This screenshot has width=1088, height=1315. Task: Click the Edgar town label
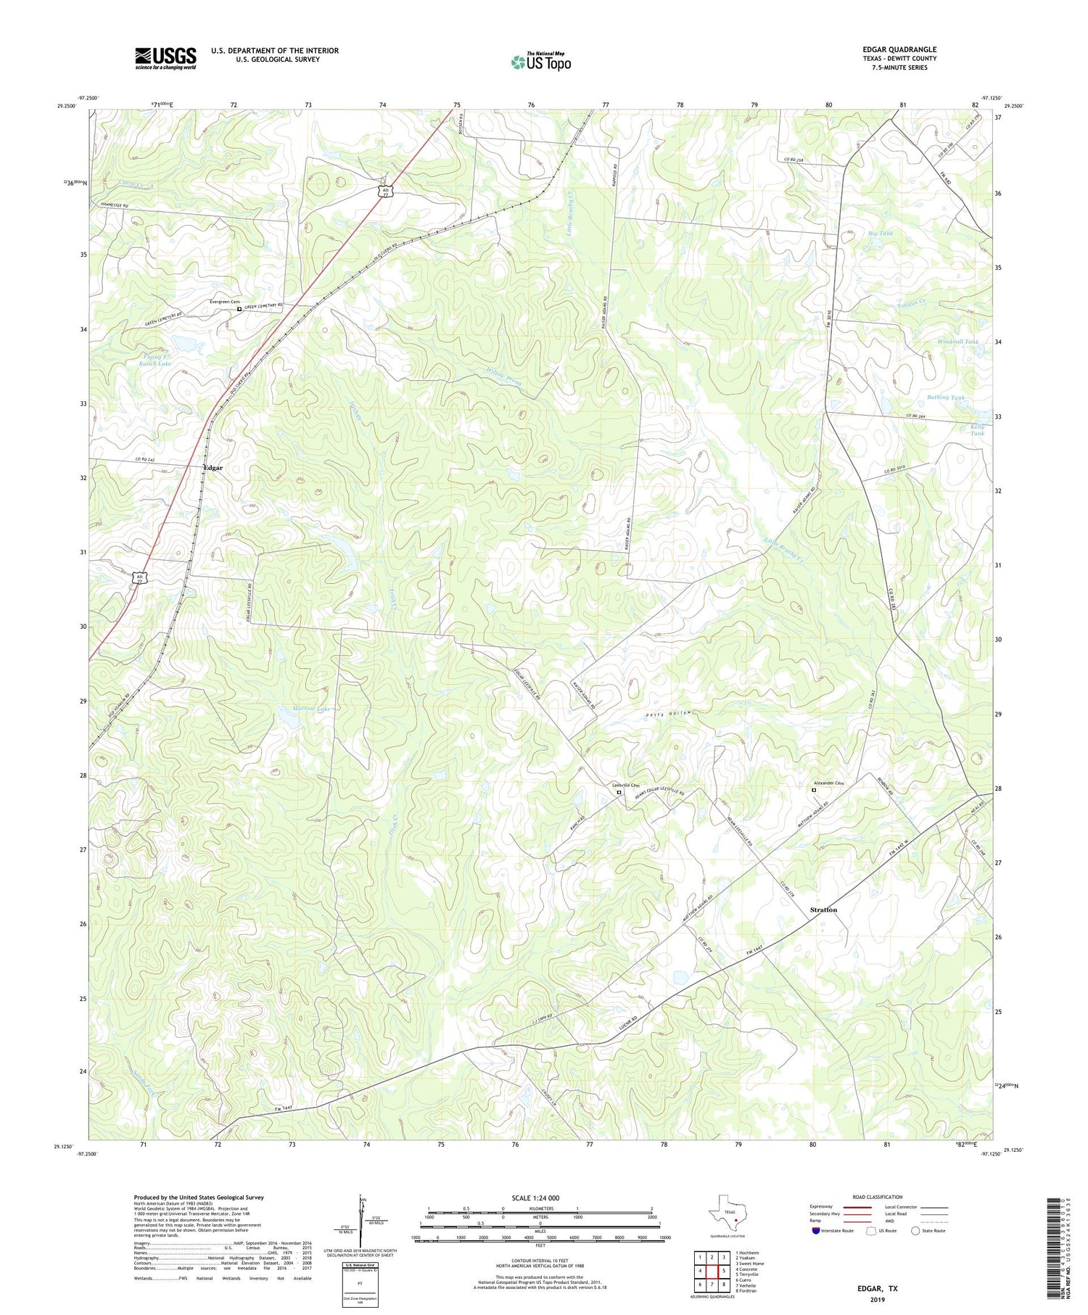[213, 468]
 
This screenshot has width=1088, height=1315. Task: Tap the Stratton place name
[823, 910]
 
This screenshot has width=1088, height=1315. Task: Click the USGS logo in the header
[165, 58]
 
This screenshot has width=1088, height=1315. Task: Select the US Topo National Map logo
[540, 62]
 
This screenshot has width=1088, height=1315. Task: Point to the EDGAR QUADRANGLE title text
[895, 49]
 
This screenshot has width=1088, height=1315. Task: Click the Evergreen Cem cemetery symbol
[239, 309]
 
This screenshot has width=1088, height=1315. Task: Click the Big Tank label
[881, 234]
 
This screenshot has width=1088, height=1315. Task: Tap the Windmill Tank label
[957, 342]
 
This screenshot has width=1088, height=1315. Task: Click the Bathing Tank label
[947, 397]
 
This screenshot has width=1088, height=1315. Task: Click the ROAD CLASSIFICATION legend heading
[878, 1197]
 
